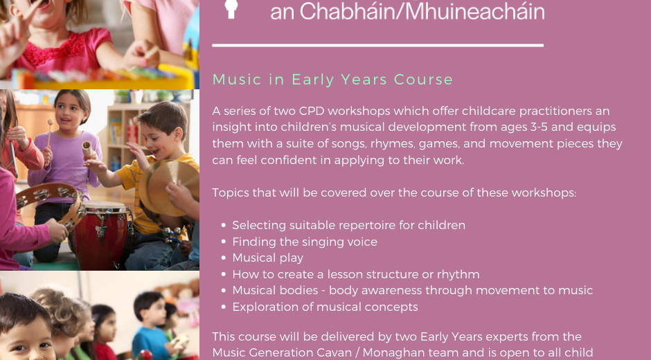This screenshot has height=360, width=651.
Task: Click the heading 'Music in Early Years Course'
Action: pyautogui.click(x=332, y=80)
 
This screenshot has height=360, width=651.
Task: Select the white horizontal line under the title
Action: pyautogui.click(x=378, y=45)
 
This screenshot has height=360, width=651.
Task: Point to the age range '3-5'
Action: pyautogui.click(x=539, y=127)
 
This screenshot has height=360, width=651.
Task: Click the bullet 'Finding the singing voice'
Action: pyautogui.click(x=305, y=242)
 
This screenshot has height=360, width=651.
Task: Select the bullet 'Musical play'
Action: pyautogui.click(x=268, y=258)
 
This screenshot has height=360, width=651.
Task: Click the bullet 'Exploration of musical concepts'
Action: pyautogui.click(x=325, y=307)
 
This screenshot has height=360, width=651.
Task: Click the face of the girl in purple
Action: pyautogui.click(x=70, y=111)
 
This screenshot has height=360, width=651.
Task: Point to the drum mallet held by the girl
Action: pyautogui.click(x=49, y=134)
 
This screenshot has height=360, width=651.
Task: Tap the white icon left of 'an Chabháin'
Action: pyautogui.click(x=231, y=9)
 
